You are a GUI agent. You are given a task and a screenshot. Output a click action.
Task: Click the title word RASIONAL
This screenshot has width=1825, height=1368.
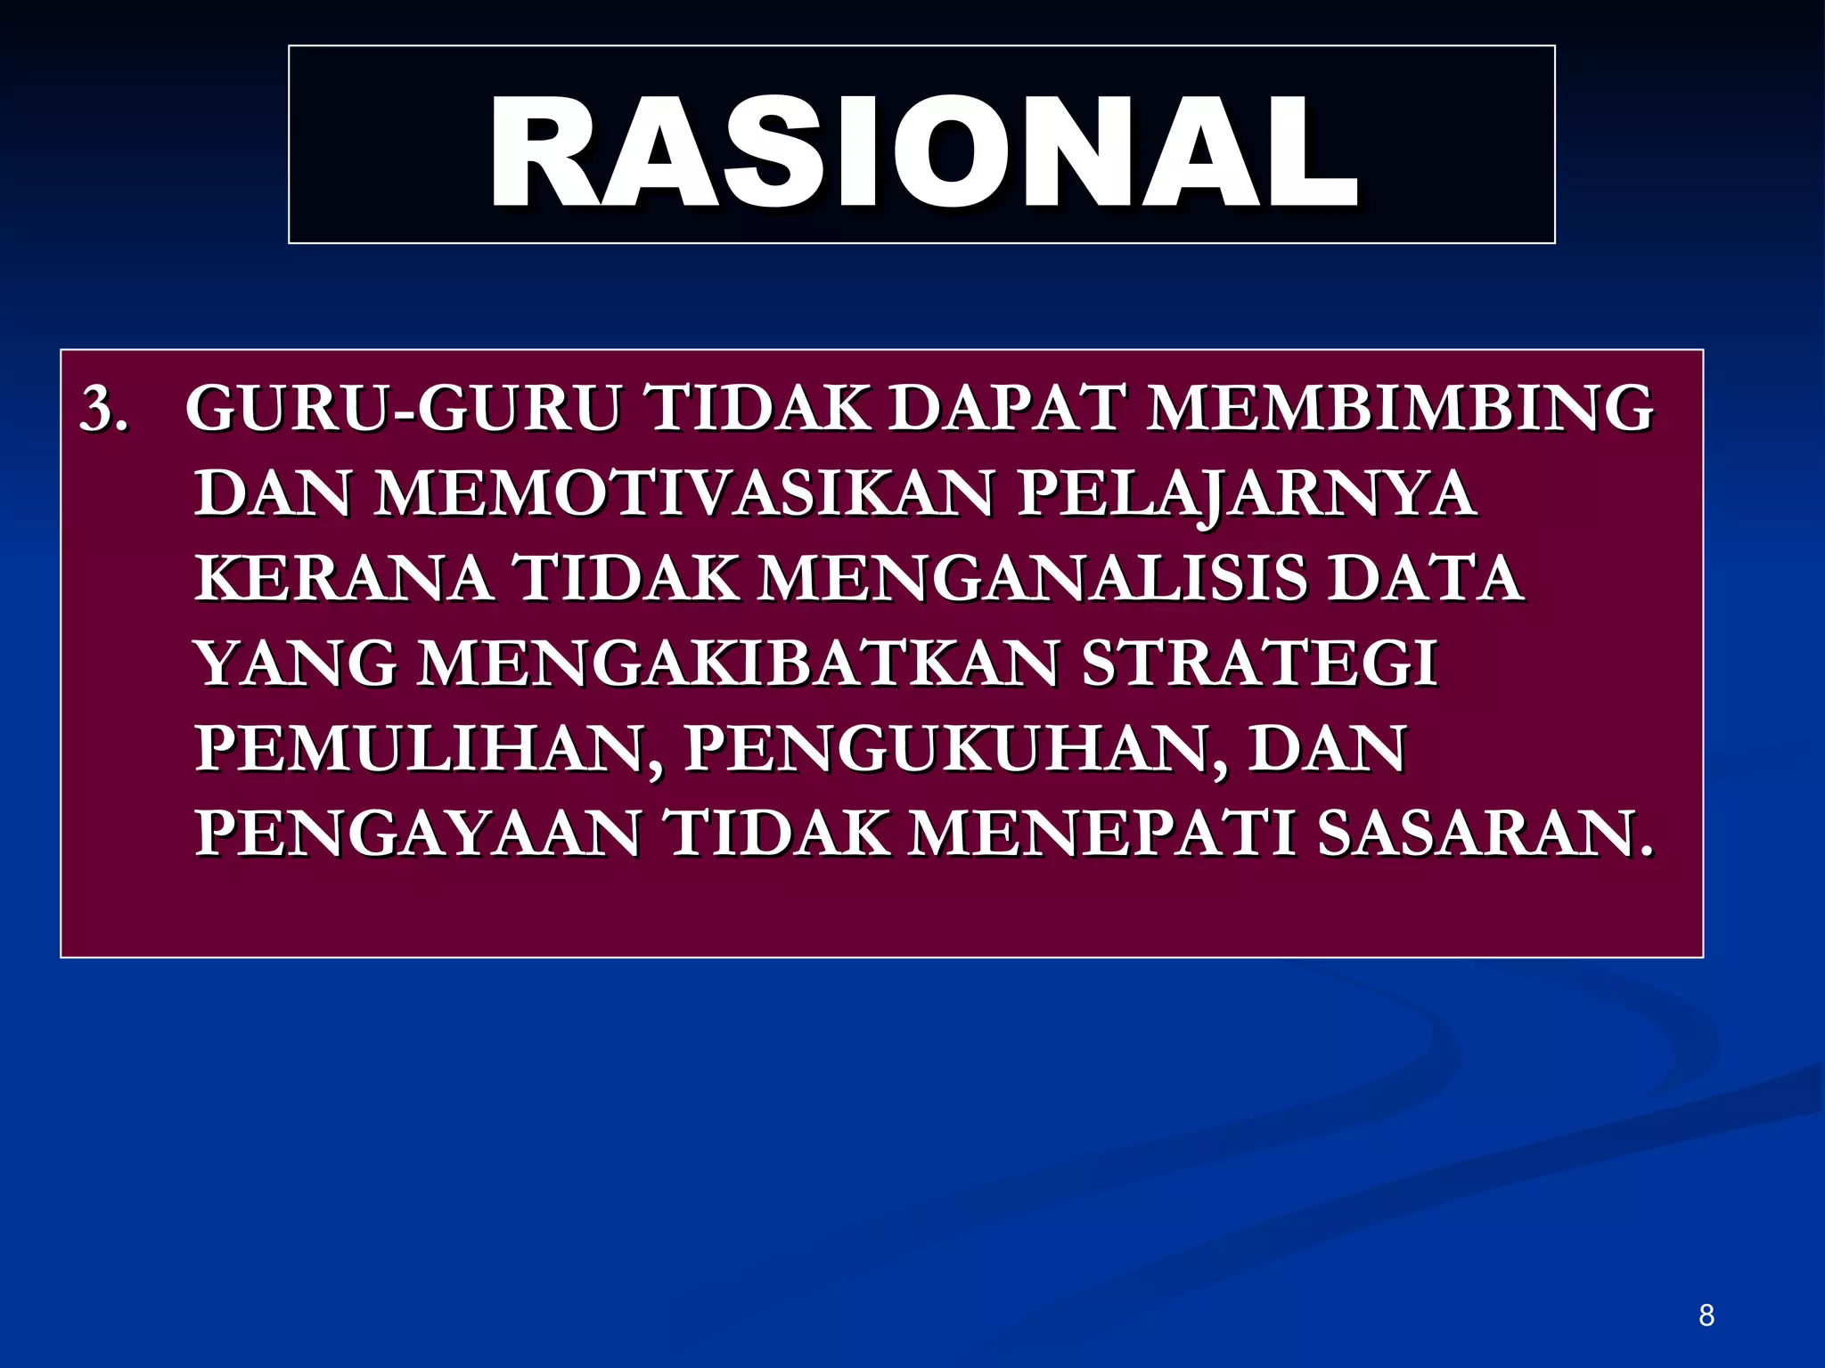(x=922, y=153)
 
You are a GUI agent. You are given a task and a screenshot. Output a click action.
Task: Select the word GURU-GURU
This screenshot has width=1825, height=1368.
(x=403, y=409)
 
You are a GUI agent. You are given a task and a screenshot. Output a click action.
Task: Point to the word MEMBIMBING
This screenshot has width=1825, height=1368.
(x=1400, y=409)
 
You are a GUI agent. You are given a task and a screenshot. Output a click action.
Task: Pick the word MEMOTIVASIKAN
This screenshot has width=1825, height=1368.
(x=683, y=493)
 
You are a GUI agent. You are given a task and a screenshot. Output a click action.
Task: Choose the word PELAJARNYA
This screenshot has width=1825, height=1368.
(x=1247, y=495)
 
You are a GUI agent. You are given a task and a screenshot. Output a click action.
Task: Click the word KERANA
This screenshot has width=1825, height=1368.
(x=344, y=579)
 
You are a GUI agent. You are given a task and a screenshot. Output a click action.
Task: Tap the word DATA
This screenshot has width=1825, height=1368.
(x=1425, y=579)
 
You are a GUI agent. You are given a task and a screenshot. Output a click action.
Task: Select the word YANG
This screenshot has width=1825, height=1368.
(x=296, y=664)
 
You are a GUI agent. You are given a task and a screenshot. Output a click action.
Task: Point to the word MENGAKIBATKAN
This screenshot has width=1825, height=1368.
(x=739, y=664)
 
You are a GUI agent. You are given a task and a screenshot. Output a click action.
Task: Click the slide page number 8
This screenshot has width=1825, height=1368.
(x=1706, y=1315)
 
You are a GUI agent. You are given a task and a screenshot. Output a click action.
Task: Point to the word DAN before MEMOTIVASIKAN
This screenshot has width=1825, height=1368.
(x=273, y=493)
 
